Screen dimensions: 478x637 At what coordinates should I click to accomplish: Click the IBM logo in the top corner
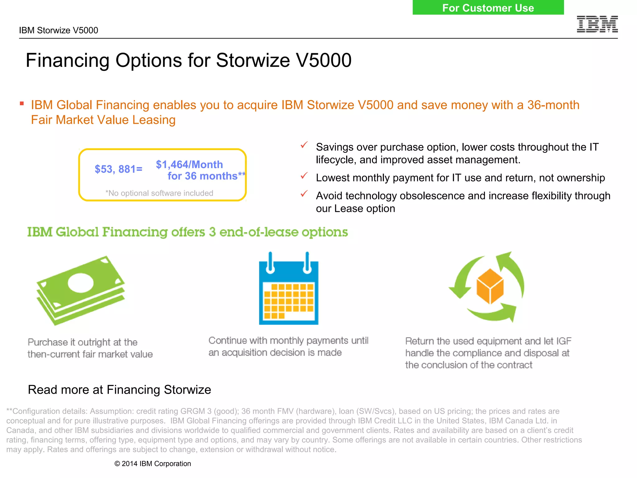597,24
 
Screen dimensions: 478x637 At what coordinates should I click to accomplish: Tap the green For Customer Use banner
488,7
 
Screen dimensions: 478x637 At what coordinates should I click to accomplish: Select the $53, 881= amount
119,169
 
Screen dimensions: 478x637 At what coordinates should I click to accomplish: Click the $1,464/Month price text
189,164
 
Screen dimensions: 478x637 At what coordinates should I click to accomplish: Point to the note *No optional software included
159,193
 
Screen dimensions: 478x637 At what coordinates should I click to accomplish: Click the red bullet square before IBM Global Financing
22,104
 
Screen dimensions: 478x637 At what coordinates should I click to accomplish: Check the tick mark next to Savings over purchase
304,145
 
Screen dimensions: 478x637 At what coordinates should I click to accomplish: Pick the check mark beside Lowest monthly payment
304,176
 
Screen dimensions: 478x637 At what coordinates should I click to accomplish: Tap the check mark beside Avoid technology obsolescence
304,194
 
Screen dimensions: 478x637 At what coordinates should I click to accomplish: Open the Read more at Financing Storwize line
119,390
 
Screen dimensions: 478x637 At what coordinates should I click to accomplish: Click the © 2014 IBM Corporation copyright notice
152,463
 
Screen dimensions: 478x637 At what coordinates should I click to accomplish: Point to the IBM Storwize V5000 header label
58,30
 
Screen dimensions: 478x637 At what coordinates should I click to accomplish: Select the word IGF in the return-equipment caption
564,341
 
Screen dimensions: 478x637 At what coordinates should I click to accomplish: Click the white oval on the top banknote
81,283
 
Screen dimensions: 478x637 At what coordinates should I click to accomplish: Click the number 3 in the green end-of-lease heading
212,232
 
